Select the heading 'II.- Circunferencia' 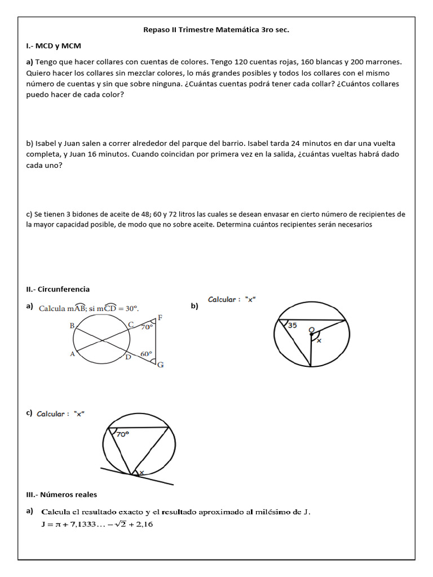58,289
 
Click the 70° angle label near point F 147,327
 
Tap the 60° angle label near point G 147,354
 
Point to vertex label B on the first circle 72,326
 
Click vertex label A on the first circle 72,354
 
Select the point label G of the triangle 161,365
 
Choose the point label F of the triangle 160,317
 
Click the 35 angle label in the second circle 292,325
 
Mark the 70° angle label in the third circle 123,434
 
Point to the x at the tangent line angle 142,472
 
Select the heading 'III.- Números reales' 61,495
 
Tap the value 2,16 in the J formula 143,525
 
